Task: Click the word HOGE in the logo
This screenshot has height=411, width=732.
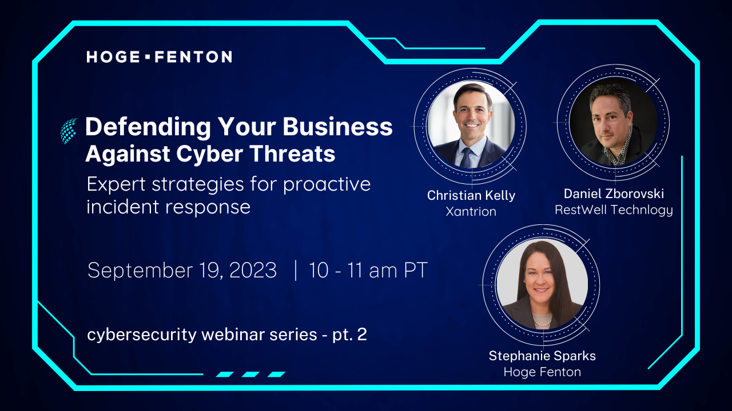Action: (113, 57)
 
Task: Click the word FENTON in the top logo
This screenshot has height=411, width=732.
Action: (193, 57)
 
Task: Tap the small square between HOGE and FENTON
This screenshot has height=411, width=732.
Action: (148, 57)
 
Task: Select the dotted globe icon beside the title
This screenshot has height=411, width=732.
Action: (69, 131)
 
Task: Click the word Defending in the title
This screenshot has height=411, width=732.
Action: (148, 127)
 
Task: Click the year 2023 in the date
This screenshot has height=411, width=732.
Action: (253, 270)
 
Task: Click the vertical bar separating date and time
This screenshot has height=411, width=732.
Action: (296, 270)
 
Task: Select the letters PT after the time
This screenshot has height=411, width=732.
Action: (416, 270)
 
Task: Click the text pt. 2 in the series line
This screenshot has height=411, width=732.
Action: (349, 335)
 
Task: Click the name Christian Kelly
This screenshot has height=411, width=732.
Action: (471, 195)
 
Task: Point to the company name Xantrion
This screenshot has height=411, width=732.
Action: (471, 211)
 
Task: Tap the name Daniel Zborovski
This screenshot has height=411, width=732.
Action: (614, 194)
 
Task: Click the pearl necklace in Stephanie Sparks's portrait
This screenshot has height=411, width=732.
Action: (542, 323)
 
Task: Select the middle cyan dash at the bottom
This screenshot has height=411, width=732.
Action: (250, 374)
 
